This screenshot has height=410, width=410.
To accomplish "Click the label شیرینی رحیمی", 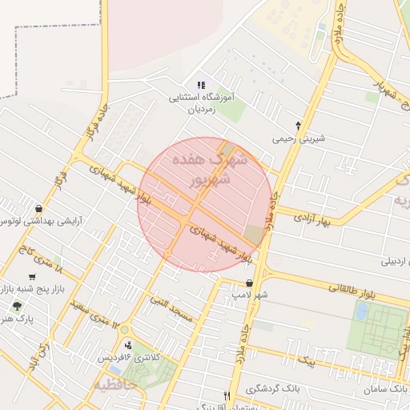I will (x=298, y=139).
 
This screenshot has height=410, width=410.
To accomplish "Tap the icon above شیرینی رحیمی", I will (x=298, y=126).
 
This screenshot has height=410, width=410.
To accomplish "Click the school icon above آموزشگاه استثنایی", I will (x=200, y=85).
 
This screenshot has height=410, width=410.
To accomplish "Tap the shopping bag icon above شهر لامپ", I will (x=249, y=283).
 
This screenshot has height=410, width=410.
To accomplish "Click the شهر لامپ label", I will (x=249, y=295).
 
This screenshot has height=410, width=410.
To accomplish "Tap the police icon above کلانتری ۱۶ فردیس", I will (x=128, y=345).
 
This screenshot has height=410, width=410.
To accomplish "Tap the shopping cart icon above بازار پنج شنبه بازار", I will (x=31, y=276).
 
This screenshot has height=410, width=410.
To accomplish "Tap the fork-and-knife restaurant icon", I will (x=227, y=396).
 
